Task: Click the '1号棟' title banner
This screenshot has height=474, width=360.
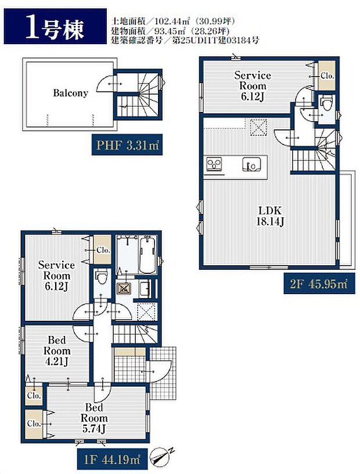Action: pyautogui.click(x=55, y=26)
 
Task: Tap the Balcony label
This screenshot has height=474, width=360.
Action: pyautogui.click(x=70, y=93)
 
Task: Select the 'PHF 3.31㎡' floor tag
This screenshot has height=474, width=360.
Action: pyautogui.click(x=127, y=145)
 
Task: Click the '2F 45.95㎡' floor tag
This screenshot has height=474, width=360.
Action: pyautogui.click(x=319, y=284)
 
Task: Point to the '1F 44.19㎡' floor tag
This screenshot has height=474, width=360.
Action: pyautogui.click(x=113, y=459)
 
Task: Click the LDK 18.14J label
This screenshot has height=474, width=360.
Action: pyautogui.click(x=270, y=216)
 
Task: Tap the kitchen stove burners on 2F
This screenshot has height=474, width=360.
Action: pyautogui.click(x=214, y=164)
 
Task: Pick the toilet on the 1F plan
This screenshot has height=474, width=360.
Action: pyautogui.click(x=102, y=277)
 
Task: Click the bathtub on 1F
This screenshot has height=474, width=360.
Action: pyautogui.click(x=148, y=254)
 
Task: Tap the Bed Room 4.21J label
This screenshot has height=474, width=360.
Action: pyautogui.click(x=57, y=350)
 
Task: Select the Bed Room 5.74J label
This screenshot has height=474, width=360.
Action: pyautogui.click(x=94, y=418)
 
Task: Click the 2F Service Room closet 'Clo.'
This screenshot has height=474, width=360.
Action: pyautogui.click(x=327, y=75)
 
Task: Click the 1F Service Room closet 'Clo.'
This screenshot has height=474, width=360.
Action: pyautogui.click(x=103, y=250)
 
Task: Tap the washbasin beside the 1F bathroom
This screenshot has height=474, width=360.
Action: pyautogui.click(x=145, y=289)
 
